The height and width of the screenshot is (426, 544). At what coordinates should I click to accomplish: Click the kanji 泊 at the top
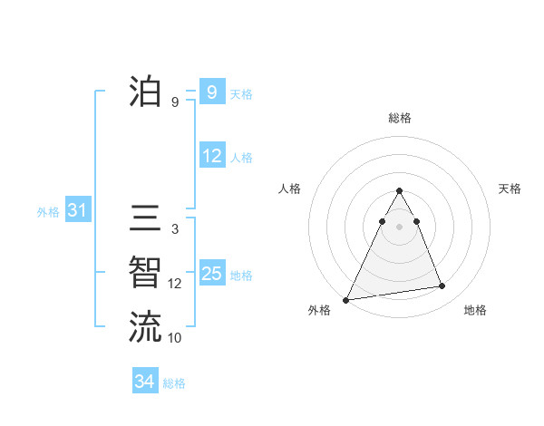[x=145, y=92]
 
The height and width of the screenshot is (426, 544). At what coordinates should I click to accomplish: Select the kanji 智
[x=145, y=273]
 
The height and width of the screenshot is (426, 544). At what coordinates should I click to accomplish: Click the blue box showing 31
[x=77, y=211]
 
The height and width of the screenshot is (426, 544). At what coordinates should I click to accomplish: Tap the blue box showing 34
[x=144, y=382]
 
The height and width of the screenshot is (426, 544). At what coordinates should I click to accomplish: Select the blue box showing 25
[x=211, y=274]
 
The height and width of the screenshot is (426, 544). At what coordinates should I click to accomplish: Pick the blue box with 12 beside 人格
[x=211, y=156]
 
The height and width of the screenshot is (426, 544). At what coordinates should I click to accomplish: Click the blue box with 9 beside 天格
[x=211, y=92]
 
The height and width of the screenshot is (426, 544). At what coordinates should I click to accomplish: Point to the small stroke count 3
[x=175, y=230]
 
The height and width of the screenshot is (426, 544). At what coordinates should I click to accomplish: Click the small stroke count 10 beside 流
[x=175, y=338]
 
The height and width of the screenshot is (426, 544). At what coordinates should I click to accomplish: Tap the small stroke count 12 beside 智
[x=175, y=284]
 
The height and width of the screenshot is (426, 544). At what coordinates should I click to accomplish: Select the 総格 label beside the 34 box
[x=174, y=383]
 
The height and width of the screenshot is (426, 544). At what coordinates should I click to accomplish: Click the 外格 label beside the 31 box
[x=48, y=212]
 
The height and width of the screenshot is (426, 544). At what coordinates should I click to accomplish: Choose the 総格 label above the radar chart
[x=400, y=118]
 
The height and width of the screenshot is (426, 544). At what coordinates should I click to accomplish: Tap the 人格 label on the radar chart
[x=289, y=189]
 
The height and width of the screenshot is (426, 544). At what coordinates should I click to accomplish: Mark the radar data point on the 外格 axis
[x=346, y=299]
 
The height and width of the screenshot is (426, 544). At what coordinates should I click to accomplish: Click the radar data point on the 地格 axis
[x=442, y=286]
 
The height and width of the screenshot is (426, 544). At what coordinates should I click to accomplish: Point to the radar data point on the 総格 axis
[x=400, y=190]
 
